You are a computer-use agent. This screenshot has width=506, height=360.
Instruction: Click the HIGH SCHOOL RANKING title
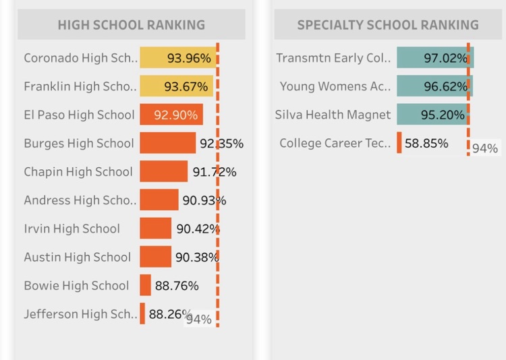(132, 26)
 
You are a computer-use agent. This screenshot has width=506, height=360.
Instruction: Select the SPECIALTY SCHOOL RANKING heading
(388, 26)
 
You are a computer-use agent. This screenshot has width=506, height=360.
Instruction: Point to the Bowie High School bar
(146, 285)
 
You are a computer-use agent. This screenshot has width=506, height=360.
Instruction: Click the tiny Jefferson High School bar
(142, 313)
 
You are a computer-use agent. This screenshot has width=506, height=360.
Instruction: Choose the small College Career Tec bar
(399, 143)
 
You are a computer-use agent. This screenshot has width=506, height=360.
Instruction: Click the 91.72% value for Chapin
(215, 172)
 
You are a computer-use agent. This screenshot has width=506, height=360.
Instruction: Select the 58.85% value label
(426, 143)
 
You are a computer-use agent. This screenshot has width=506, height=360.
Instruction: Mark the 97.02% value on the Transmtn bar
(445, 58)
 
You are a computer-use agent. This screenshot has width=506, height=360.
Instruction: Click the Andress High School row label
(80, 200)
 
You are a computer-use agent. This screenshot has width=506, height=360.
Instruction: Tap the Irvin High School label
(72, 229)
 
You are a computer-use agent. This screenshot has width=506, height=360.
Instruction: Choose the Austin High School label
(78, 257)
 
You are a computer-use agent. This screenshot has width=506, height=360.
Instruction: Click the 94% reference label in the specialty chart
(485, 148)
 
